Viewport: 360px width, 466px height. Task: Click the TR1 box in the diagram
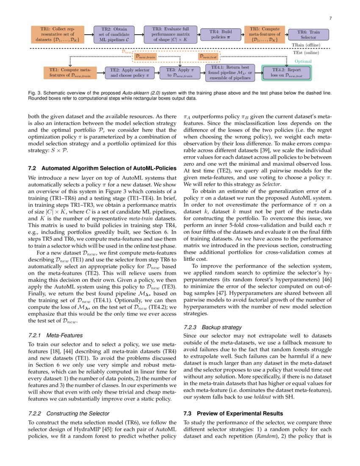pyautogui.click(x=57, y=34)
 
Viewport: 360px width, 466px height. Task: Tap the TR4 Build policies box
pyautogui.click(x=221, y=34)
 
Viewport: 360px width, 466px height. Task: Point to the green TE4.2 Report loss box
pyautogui.click(x=287, y=72)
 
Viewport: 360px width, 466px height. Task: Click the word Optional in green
pyautogui.click(x=303, y=61)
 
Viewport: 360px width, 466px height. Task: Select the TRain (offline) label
pyautogui.click(x=306, y=45)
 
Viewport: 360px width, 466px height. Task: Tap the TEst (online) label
pyautogui.click(x=306, y=53)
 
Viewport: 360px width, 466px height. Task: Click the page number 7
pyautogui.click(x=330, y=18)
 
